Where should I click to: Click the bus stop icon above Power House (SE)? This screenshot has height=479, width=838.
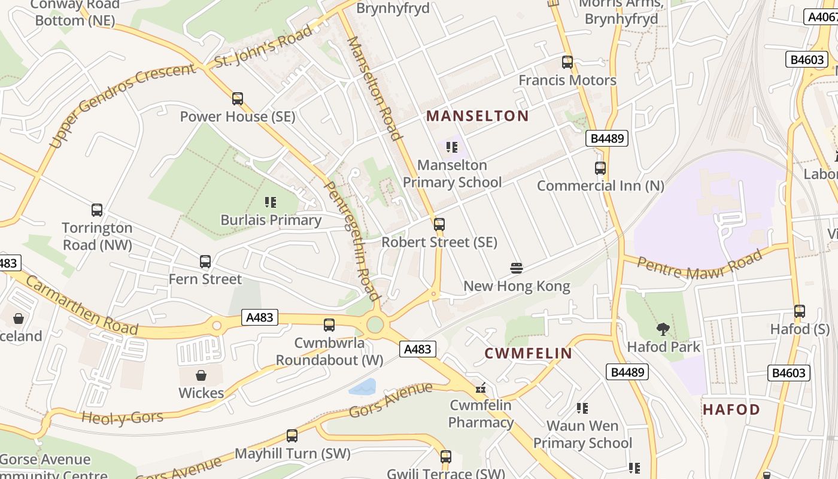click(238, 99)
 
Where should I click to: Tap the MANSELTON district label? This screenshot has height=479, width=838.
click(477, 116)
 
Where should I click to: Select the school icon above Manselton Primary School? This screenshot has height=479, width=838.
click(452, 147)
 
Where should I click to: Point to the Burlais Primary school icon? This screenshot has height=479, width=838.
click(271, 202)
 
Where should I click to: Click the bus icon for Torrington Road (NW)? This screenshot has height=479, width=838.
click(97, 210)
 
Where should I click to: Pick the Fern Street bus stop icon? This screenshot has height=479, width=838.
click(205, 262)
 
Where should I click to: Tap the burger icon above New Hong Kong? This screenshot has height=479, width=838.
click(517, 268)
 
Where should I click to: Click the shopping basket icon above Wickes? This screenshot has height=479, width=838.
click(201, 375)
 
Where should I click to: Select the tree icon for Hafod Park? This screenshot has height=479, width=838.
click(663, 329)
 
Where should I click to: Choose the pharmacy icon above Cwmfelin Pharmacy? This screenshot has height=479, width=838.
click(480, 388)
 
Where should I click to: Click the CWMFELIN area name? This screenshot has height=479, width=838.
click(528, 353)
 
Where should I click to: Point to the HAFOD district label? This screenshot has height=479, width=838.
click(731, 410)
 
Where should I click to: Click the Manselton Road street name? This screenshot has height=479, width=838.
click(374, 88)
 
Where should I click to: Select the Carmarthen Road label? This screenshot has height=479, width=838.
click(82, 307)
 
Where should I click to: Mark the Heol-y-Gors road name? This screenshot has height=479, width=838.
click(122, 417)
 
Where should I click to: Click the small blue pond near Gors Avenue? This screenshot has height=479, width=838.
click(363, 387)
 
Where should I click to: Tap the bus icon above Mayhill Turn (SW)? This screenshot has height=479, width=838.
click(292, 436)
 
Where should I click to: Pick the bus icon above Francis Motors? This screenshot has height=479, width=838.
click(567, 62)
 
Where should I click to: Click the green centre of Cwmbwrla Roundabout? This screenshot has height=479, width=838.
click(375, 325)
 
